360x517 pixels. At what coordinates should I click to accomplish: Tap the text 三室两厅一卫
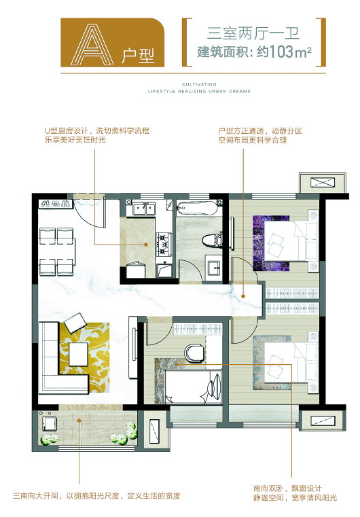[x=253, y=34]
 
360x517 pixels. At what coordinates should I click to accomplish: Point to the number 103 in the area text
[x=281, y=52]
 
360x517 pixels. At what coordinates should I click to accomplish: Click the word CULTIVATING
[x=199, y=84]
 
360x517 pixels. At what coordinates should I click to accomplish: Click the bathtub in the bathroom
[x=197, y=209]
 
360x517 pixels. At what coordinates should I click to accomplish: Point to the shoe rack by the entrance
[x=56, y=204]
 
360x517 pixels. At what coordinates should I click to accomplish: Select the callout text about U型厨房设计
[x=97, y=135]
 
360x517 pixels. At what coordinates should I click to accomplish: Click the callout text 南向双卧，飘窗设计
[x=287, y=488]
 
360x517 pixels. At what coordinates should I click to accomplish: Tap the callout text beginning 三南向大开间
[x=96, y=495]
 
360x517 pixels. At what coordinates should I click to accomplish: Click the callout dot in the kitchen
[x=145, y=245]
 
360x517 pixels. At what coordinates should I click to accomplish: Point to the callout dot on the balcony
[x=79, y=420]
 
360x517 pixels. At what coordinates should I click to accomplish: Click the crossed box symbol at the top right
[x=323, y=182]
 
